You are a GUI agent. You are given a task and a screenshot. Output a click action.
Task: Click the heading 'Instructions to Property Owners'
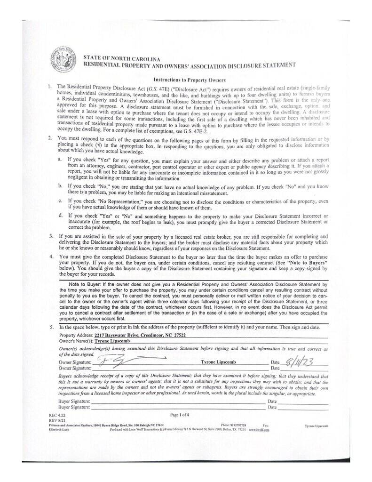(x=186, y=80)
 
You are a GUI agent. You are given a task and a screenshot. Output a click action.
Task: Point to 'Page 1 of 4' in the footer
(x=179, y=414)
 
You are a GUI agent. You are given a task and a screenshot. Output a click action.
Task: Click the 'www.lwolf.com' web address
(x=259, y=429)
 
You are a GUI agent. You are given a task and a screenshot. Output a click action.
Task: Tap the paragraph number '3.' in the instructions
(x=51, y=235)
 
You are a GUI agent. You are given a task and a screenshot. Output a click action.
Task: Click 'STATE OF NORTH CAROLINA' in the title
(x=117, y=57)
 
